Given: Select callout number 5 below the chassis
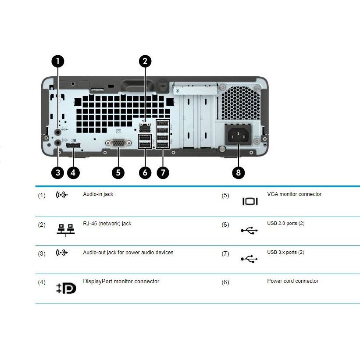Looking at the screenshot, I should pyautogui.click(x=118, y=172).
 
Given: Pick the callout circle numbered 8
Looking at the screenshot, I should pyautogui.click(x=239, y=172).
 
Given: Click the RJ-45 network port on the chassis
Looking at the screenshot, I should pyautogui.click(x=144, y=128).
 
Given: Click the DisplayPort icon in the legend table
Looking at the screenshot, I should pyautogui.click(x=66, y=288).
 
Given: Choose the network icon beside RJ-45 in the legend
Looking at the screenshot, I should pyautogui.click(x=66, y=230).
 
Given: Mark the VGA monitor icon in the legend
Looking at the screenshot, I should pyautogui.click(x=250, y=201).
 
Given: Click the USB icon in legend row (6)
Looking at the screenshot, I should pyautogui.click(x=250, y=230).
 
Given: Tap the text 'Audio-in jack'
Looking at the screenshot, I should pyautogui.click(x=98, y=194).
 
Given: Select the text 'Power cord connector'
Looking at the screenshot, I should pyautogui.click(x=292, y=281).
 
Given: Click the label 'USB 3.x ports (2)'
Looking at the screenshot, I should pyautogui.click(x=285, y=253).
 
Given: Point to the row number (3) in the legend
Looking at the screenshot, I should pyautogui.click(x=41, y=253).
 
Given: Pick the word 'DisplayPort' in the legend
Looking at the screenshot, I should pyautogui.click(x=97, y=282).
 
